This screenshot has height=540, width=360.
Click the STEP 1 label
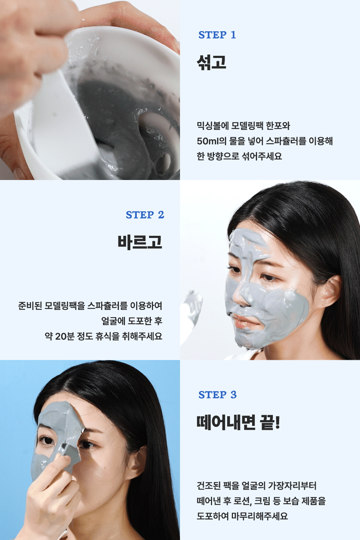coord(217,35)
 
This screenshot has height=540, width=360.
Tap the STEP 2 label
coord(145,215)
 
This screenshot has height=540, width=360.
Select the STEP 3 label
coord(217,395)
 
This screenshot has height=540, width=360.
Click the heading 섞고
coord(211,62)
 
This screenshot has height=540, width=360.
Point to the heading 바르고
coord(140,242)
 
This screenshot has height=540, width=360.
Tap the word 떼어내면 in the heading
coord(226,422)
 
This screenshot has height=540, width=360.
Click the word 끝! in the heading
coord(270,422)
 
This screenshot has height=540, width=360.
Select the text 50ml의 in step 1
coord(211,141)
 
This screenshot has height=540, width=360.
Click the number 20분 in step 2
coord(65,336)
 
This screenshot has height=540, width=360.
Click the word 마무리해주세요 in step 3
coord(260,516)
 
